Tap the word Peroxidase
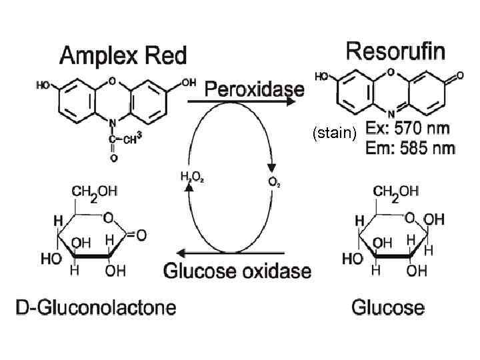pos(254,89)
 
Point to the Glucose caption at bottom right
pos(387,307)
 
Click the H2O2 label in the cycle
pos(191,178)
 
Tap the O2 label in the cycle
pos(273,181)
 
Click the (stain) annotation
pos(335,133)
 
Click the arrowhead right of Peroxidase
pos(292,102)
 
